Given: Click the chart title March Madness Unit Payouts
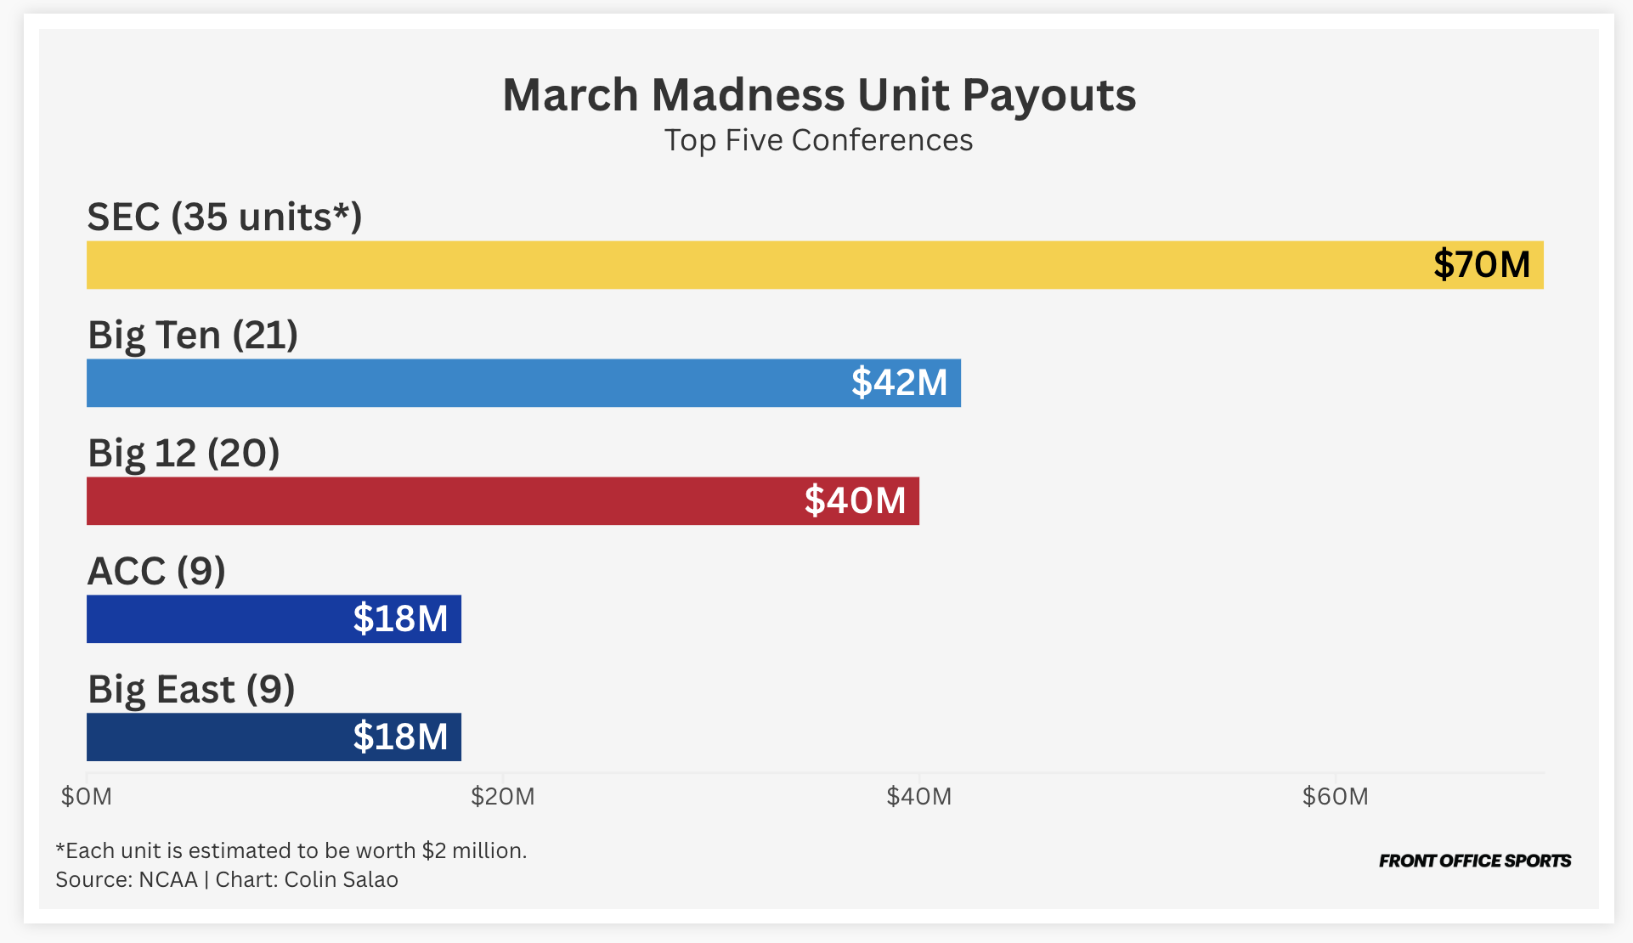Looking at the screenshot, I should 818,94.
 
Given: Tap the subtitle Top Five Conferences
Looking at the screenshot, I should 818,140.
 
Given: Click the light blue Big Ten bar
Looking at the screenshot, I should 467,383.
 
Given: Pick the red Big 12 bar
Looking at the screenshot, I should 442,501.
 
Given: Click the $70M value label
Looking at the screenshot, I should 1481,265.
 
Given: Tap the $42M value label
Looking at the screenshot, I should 899,383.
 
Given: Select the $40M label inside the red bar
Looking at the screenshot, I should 855,501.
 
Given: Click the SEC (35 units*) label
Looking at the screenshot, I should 224,217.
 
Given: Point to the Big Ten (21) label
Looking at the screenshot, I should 193,336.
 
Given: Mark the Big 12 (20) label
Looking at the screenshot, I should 184,454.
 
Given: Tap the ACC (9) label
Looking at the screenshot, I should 156,572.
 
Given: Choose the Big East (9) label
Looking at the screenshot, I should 191,690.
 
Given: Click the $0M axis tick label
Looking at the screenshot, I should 87,797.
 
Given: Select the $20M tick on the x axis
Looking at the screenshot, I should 503,797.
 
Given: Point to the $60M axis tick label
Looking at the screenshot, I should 1336,797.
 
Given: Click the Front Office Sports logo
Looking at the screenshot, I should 1475,861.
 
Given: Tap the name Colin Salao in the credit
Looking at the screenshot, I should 341,879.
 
